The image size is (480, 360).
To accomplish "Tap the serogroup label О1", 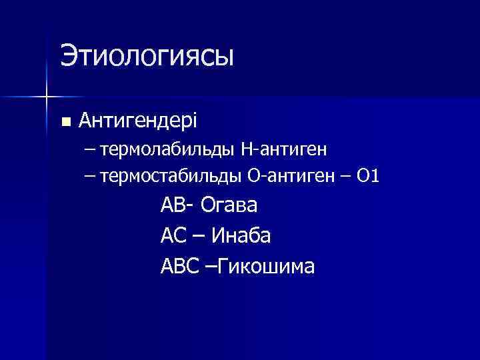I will [368, 177].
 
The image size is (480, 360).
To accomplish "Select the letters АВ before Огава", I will [172, 205].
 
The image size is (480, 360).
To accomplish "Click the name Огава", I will [227, 205].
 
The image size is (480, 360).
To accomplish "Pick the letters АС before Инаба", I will [172, 235].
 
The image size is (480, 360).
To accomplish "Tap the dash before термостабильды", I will [90, 177].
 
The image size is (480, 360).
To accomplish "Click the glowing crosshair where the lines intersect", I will [46, 97].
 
